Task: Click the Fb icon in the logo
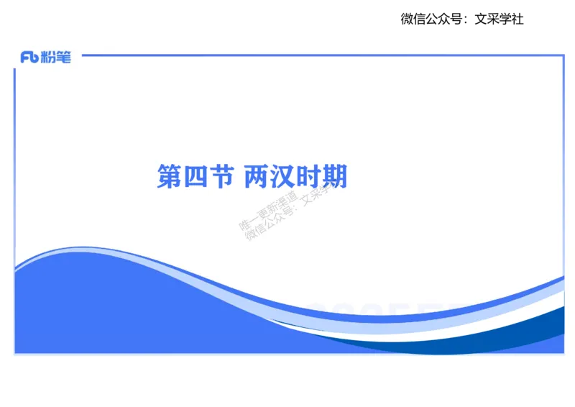click(29, 58)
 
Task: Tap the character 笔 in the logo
click(63, 58)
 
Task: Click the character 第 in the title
click(169, 176)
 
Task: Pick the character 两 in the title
click(257, 176)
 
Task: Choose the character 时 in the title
click(309, 176)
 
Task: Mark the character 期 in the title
click(335, 176)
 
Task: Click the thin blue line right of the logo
click(316, 54)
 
